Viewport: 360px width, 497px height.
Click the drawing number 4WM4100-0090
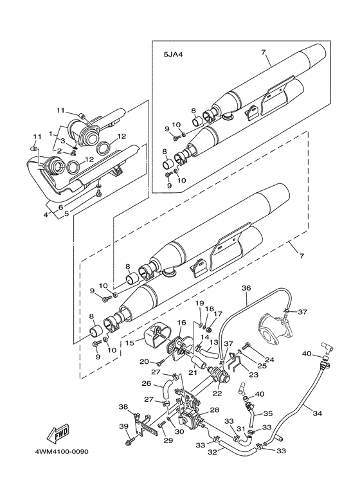click(62, 451)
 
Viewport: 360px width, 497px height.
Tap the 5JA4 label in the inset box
click(174, 55)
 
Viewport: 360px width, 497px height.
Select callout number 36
click(246, 288)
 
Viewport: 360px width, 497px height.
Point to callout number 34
click(317, 413)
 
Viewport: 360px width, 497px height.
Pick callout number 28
click(215, 410)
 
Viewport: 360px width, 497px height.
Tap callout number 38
click(124, 406)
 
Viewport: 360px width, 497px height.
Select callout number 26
click(147, 384)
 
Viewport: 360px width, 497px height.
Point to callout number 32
click(212, 452)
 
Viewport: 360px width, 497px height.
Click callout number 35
click(268, 413)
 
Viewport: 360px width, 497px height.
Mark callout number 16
click(181, 323)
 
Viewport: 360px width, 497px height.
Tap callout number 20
click(144, 362)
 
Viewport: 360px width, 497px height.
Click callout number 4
click(46, 215)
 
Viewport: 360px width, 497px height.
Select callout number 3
click(63, 140)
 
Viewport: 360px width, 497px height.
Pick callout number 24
click(269, 360)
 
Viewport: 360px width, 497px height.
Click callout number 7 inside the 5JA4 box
click(264, 53)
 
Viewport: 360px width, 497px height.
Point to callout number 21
click(193, 373)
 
